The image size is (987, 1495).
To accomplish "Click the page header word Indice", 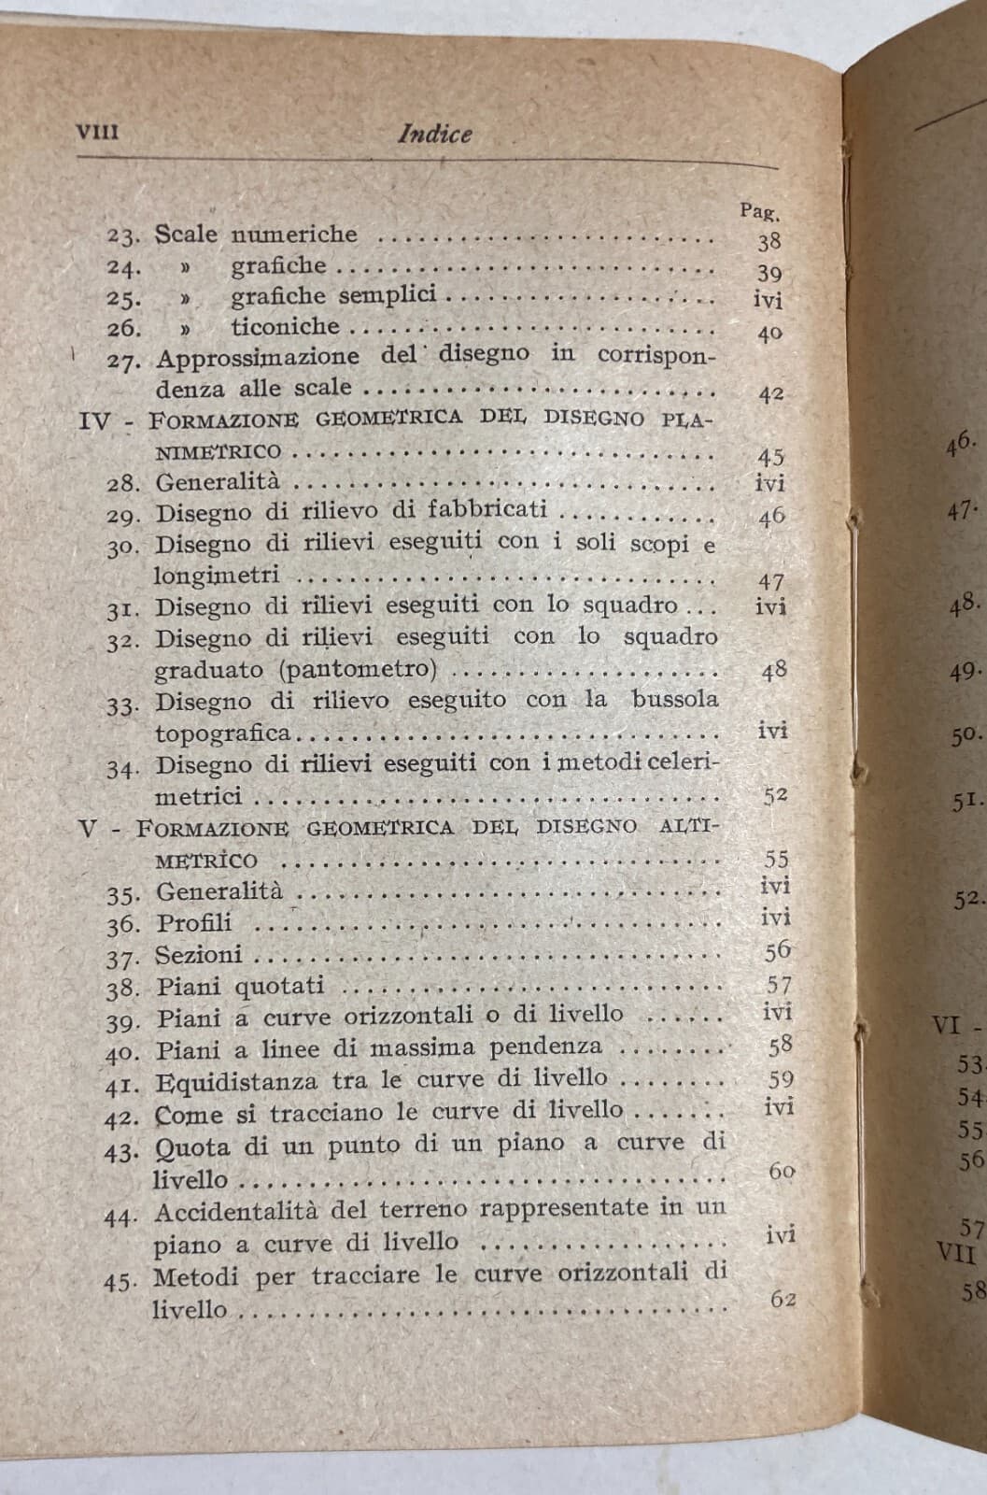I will pyautogui.click(x=434, y=135).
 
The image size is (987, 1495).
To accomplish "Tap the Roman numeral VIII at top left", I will pyautogui.click(x=96, y=132).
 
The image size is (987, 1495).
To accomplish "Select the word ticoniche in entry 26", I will pyautogui.click(x=286, y=327).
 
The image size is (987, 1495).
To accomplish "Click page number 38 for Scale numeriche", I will pyautogui.click(x=768, y=242).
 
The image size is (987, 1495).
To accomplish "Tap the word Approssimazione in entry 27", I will pyautogui.click(x=258, y=357).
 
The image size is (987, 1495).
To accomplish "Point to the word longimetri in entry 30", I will pyautogui.click(x=217, y=576).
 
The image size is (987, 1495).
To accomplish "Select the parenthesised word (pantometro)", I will pyautogui.click(x=356, y=670).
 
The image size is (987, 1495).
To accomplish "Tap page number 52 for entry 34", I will pyautogui.click(x=774, y=795).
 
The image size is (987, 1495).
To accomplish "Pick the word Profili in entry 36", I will pyautogui.click(x=193, y=923).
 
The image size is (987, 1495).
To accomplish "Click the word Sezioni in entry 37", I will pyautogui.click(x=199, y=955).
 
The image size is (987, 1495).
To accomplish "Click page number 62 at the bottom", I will pyautogui.click(x=783, y=1299).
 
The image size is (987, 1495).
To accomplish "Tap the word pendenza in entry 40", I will pyautogui.click(x=553, y=1046).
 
